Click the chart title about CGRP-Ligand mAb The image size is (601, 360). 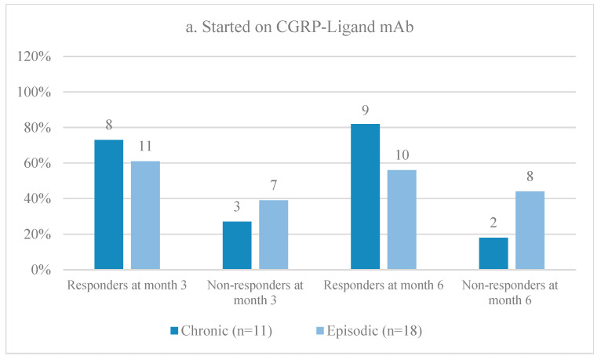click(x=300, y=27)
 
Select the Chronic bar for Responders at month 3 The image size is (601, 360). click(x=109, y=205)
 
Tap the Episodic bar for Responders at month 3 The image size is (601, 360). click(x=145, y=215)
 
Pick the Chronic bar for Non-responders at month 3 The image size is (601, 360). click(x=237, y=245)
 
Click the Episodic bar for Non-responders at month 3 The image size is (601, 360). click(x=274, y=235)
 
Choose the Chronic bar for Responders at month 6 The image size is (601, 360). click(x=366, y=196)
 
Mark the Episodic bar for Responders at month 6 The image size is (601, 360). click(x=402, y=220)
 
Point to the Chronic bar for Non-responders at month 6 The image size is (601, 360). click(x=494, y=253)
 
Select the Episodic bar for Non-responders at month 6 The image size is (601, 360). click(x=530, y=230)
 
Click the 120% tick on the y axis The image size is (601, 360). click(x=34, y=56)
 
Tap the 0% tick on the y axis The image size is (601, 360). click(x=41, y=270)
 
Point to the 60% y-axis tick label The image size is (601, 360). click(x=37, y=164)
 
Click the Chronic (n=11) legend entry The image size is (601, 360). click(x=221, y=330)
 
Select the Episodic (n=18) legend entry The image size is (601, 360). click(x=369, y=330)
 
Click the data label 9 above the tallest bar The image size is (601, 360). click(x=366, y=111)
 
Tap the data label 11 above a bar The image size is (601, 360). click(x=145, y=147)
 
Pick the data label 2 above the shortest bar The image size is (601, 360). click(x=494, y=223)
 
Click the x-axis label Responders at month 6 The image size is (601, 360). click(x=384, y=285)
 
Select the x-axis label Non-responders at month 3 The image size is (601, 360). click(x=255, y=293)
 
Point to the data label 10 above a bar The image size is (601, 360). click(x=402, y=155)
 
